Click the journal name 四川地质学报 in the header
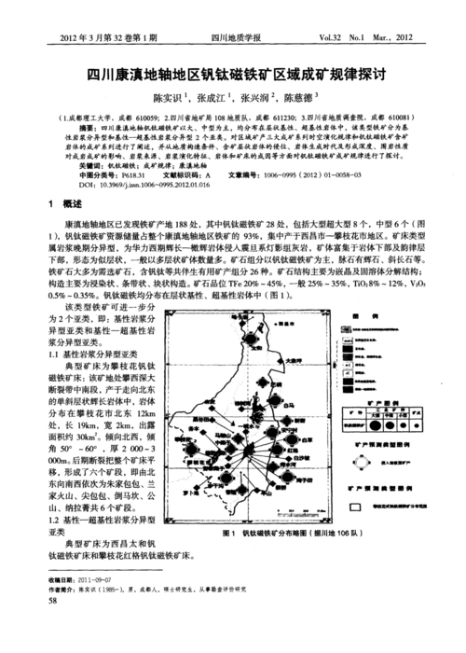(236, 39)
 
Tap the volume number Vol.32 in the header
(331, 39)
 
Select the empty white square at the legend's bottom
(360, 507)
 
